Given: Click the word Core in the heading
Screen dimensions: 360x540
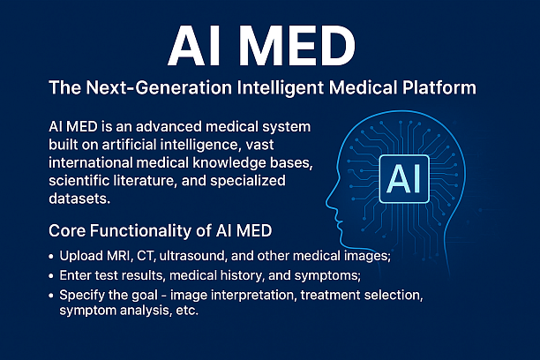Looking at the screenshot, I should click(x=68, y=231).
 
